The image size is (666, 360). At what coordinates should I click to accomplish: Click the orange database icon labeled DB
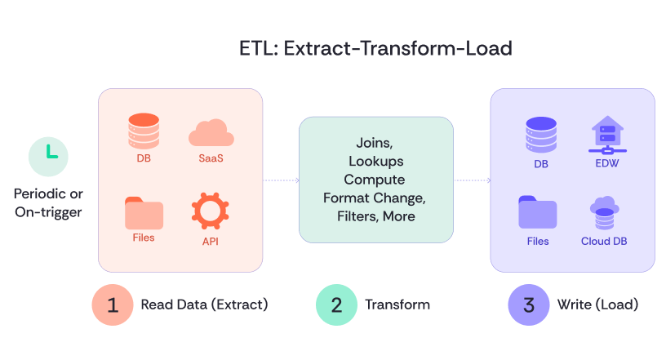click(144, 131)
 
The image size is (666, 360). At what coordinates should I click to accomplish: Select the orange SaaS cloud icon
click(211, 132)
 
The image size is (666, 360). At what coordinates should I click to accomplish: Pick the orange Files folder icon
click(144, 213)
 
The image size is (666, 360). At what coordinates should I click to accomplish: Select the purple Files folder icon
click(538, 214)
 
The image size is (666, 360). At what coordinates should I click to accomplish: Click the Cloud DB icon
click(604, 214)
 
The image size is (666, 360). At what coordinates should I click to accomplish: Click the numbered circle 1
click(113, 304)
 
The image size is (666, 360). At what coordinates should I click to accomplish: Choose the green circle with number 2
click(336, 304)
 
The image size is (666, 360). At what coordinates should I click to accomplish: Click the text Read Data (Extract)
click(204, 304)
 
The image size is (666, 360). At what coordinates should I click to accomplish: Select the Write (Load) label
click(597, 304)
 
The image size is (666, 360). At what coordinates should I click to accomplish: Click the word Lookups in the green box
click(375, 161)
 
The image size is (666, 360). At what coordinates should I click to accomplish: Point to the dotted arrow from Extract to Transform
click(280, 180)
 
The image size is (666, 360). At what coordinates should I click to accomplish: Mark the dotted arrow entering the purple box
click(472, 180)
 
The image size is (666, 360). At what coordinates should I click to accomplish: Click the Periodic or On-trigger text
click(49, 203)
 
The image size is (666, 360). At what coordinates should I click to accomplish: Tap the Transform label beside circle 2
click(397, 304)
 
